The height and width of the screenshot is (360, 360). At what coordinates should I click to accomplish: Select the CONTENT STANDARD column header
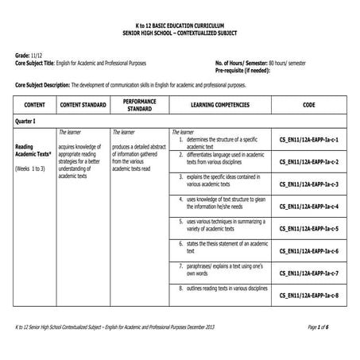click(83, 105)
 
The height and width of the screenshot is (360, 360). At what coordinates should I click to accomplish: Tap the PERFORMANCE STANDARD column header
click(139, 104)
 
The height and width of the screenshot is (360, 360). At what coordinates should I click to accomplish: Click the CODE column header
click(309, 105)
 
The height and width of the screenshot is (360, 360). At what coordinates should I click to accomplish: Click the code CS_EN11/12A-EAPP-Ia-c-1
click(309, 140)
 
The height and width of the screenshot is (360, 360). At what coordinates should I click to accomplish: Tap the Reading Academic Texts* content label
click(34, 149)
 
